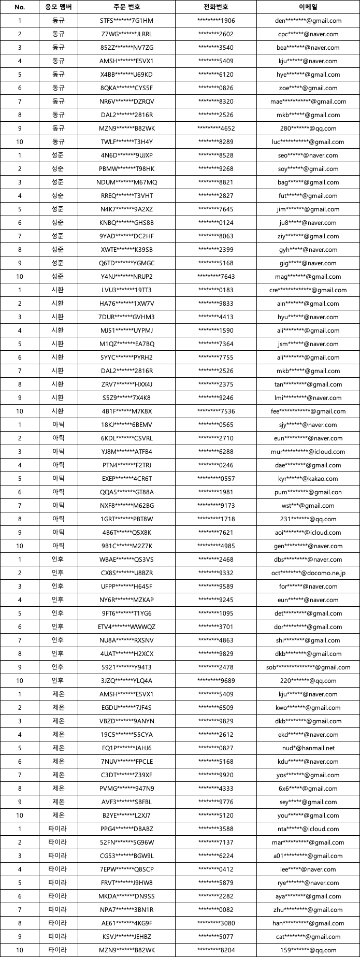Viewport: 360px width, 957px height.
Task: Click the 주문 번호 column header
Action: (126, 7)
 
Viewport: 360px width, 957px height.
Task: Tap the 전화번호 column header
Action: (216, 7)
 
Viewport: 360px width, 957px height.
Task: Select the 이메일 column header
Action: (308, 7)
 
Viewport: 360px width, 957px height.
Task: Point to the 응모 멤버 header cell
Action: (59, 7)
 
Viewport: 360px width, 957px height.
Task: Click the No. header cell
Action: (20, 7)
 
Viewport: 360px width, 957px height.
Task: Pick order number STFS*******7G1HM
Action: (126, 21)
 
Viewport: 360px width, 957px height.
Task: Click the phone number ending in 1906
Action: (216, 21)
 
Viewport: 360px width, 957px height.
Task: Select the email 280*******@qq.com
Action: (308, 128)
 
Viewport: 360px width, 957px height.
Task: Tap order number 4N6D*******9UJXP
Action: (126, 155)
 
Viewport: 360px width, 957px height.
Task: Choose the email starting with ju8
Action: (308, 223)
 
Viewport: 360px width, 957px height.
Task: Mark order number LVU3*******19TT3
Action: (126, 290)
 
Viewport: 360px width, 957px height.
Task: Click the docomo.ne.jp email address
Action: (308, 573)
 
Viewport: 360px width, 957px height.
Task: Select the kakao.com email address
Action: (308, 479)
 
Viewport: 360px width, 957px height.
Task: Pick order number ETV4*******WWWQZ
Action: (126, 627)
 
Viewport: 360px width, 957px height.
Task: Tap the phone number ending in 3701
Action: (216, 627)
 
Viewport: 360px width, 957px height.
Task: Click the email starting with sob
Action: (308, 667)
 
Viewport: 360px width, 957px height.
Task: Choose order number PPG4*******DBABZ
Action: (126, 829)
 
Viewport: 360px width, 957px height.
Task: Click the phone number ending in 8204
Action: (216, 950)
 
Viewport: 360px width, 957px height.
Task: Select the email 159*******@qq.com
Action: (308, 950)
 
